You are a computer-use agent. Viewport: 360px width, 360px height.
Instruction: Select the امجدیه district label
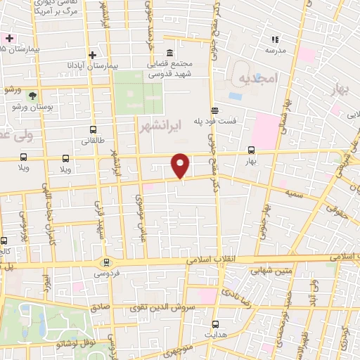pos(258,77)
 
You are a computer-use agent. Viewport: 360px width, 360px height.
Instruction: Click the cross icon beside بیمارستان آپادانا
pos(92,55)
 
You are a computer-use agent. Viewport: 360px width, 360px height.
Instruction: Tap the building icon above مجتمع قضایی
pos(170,54)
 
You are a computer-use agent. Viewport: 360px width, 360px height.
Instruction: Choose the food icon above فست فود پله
pos(214,110)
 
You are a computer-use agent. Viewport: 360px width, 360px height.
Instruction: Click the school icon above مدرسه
pos(275,41)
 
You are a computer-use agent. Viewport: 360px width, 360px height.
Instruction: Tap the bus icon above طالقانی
pos(94,130)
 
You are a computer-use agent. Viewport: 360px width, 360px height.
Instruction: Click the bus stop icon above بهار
pos(252,150)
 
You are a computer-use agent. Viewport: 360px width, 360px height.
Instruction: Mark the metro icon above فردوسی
pos(106,262)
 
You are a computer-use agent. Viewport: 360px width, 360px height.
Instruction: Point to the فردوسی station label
pos(108,272)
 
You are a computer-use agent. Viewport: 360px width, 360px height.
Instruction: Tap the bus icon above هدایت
pos(215,325)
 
